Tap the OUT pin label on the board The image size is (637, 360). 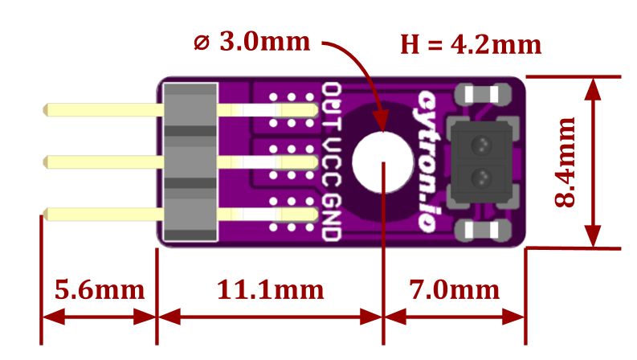[x=330, y=104]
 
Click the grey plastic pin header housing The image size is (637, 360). [x=190, y=162]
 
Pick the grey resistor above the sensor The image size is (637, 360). [x=481, y=95]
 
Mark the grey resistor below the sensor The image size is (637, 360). [x=481, y=231]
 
